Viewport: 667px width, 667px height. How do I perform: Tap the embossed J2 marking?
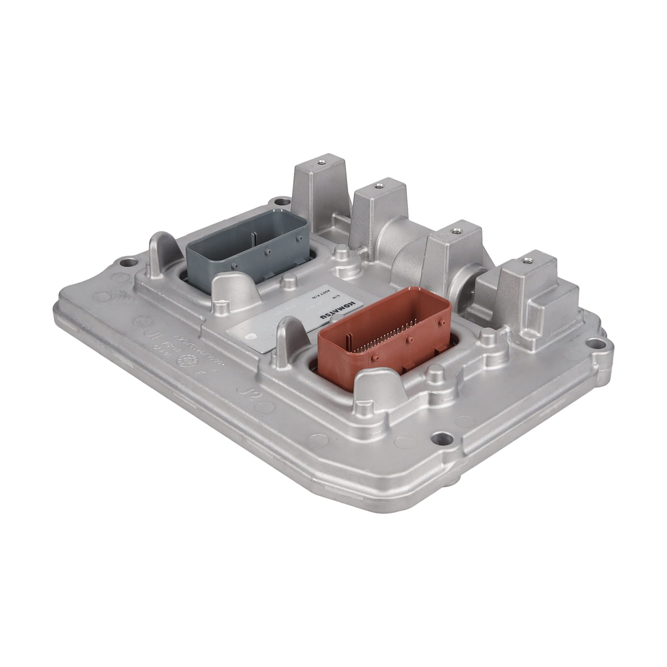pyautogui.click(x=249, y=394)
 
